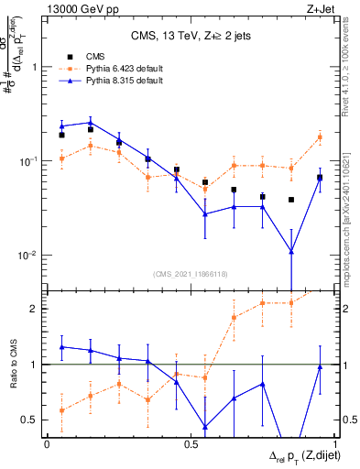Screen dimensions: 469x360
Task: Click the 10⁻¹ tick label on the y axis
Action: click(29, 161)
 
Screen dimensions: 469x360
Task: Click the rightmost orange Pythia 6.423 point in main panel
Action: click(320, 137)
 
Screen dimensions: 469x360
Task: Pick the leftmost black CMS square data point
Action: click(61, 135)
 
